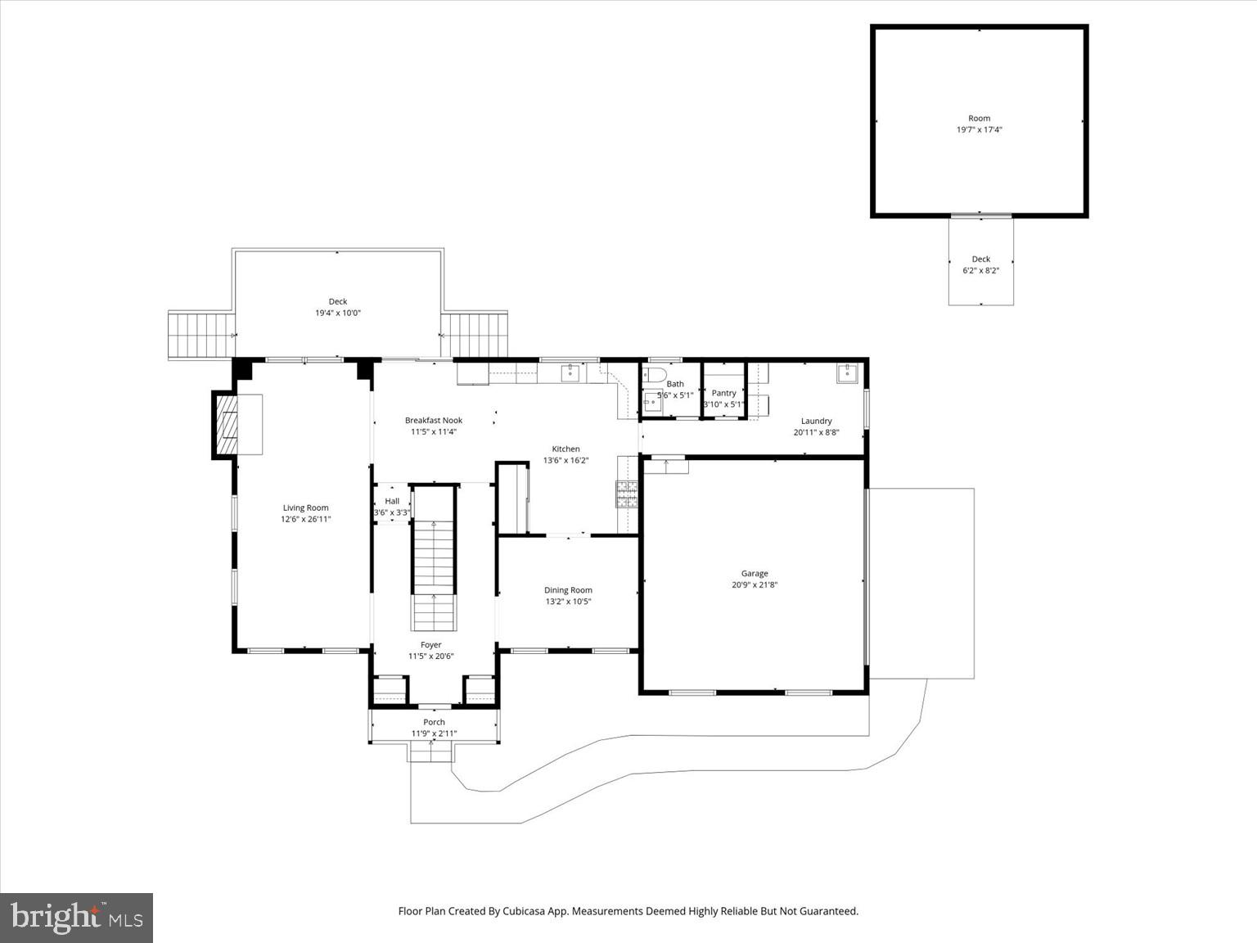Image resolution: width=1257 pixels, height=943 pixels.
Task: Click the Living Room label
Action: (306, 508)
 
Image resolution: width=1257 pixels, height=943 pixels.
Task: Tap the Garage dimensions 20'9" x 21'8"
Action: (755, 585)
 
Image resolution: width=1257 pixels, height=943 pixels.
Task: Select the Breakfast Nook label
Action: (434, 421)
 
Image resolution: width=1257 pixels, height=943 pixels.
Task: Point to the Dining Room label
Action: (568, 590)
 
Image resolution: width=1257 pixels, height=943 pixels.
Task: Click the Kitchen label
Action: (565, 449)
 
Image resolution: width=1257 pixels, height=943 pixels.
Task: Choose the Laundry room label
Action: (816, 422)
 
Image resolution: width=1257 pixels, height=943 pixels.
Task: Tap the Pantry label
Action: (723, 393)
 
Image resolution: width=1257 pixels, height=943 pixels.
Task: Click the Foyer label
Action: (430, 645)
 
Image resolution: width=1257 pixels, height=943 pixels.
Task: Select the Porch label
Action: (434, 722)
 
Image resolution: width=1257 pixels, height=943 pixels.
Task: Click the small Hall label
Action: (392, 501)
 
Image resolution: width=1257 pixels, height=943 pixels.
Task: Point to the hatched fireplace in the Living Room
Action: (226, 424)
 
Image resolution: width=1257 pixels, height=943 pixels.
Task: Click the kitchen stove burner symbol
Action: (627, 494)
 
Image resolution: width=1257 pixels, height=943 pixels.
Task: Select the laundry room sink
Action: (847, 374)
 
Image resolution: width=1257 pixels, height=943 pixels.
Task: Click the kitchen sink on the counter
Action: (570, 374)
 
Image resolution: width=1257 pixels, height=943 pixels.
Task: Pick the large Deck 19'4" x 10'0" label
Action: (338, 302)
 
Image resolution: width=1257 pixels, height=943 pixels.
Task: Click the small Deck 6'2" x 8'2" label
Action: (980, 259)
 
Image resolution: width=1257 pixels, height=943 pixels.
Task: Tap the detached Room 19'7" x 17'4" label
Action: (980, 119)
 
